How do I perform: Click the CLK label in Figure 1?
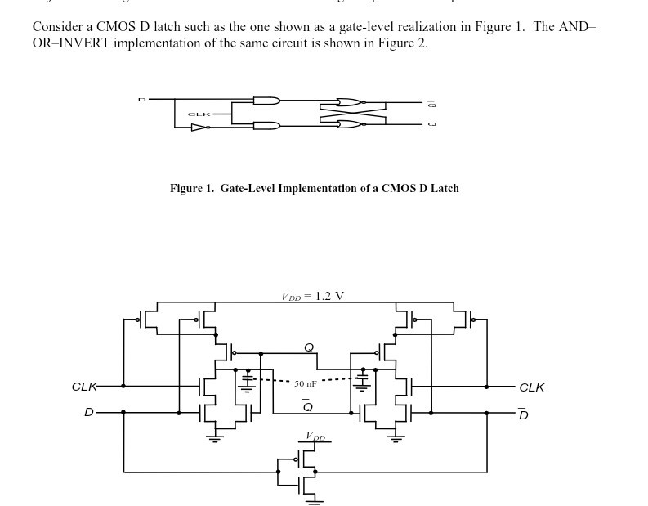[x=199, y=114]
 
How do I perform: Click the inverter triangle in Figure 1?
[x=199, y=127]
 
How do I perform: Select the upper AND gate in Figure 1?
[x=266, y=101]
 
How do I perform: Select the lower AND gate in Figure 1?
[x=266, y=125]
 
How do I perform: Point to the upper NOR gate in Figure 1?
[x=349, y=103]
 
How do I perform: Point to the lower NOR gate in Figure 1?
[x=349, y=124]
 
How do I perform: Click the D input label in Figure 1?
[x=141, y=100]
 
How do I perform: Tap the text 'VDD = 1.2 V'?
[x=312, y=296]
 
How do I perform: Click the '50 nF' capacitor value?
[x=306, y=383]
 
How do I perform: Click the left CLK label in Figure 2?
[x=84, y=387]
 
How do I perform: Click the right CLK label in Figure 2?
[x=531, y=387]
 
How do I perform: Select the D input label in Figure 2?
[x=88, y=413]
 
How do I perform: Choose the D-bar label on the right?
[x=523, y=414]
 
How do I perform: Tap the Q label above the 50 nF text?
[x=308, y=347]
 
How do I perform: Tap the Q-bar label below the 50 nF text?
[x=307, y=406]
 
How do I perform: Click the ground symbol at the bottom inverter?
[x=314, y=500]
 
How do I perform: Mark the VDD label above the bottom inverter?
[x=315, y=437]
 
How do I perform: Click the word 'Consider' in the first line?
[x=57, y=26]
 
